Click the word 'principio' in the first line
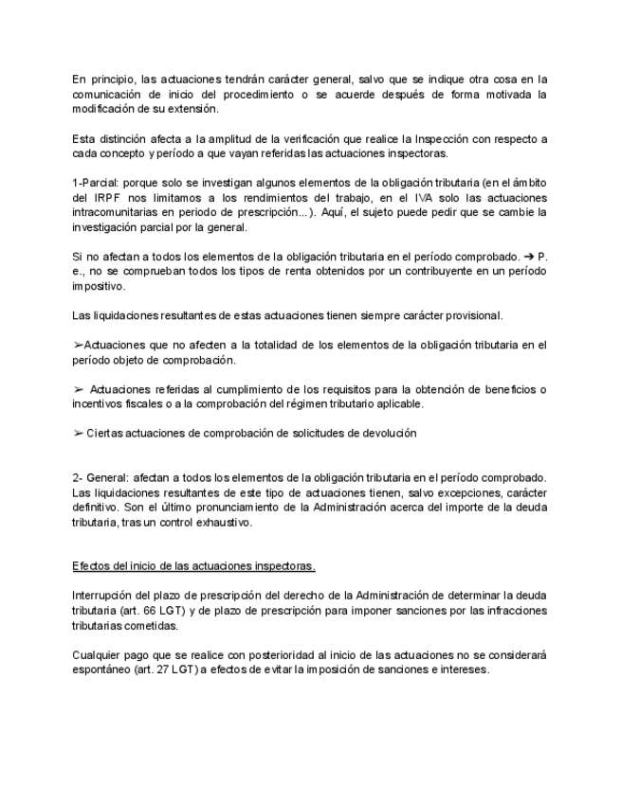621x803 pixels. pyautogui.click(x=110, y=79)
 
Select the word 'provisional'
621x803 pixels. pyautogui.click(x=471, y=314)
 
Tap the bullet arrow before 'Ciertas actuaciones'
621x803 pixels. pyautogui.click(x=78, y=433)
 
